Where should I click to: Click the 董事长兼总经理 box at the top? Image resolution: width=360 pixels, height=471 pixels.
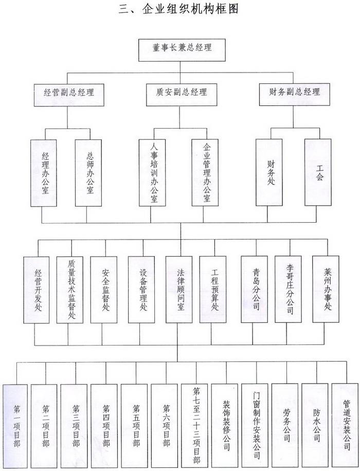[x=182, y=50]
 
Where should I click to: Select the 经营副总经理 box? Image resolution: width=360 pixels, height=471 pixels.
[x=69, y=95]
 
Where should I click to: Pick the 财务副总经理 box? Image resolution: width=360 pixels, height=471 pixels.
[x=295, y=94]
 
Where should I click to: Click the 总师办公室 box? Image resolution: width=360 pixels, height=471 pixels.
[x=88, y=173]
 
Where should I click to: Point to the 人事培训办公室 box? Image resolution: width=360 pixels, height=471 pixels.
[x=152, y=172]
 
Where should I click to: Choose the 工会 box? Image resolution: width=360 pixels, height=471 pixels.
[x=318, y=172]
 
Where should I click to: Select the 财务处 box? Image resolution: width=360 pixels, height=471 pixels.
[x=269, y=172]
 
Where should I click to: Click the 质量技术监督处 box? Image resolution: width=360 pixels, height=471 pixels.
[x=70, y=289]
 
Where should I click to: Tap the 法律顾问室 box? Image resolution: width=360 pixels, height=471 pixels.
[x=179, y=289]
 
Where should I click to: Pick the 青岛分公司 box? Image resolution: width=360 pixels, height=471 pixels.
[x=255, y=289]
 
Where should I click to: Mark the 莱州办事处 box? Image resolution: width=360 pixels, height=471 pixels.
[x=326, y=289]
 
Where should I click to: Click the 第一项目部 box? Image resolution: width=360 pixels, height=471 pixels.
[x=15, y=426]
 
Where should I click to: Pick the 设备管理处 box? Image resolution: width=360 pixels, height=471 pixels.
[x=141, y=289]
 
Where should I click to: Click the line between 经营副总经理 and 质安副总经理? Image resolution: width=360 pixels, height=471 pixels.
[x=123, y=72]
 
